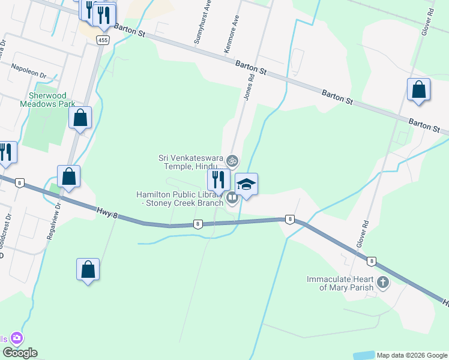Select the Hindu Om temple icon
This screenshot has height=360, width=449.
click(232, 161)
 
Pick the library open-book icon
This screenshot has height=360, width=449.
click(232, 197)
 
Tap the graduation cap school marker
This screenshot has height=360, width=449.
click(246, 184)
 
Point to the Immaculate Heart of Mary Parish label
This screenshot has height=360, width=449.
click(340, 283)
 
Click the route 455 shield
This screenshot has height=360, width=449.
click(103, 40)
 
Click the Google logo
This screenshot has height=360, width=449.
click(20, 353)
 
